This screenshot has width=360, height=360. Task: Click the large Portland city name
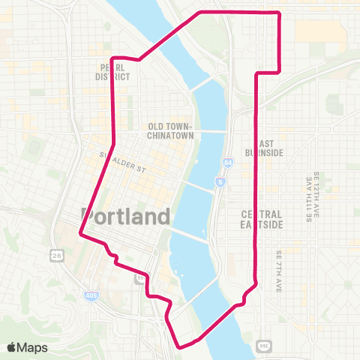[x=124, y=216]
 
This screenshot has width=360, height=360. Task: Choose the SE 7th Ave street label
[x=277, y=270]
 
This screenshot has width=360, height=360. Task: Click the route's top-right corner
[x=279, y=13]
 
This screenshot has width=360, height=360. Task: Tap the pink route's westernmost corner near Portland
[x=81, y=236]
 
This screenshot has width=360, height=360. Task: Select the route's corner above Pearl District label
[x=112, y=58]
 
